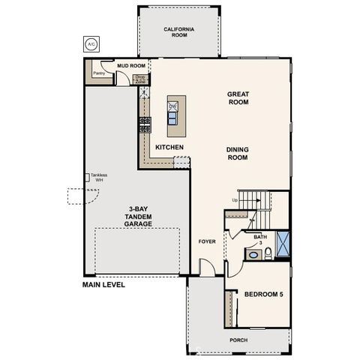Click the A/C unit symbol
click(x=91, y=44)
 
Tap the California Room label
click(x=179, y=32)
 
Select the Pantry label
click(x=97, y=73)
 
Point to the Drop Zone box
click(x=139, y=77)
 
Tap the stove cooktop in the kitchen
click(x=145, y=121)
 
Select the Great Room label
click(x=238, y=99)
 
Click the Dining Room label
click(x=237, y=153)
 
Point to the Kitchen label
click(x=169, y=146)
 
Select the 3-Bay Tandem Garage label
click(x=139, y=216)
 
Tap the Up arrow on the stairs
click(x=235, y=199)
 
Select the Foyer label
click(x=207, y=241)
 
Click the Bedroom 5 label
click(x=263, y=295)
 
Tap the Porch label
click(x=238, y=340)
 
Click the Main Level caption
click(x=104, y=285)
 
